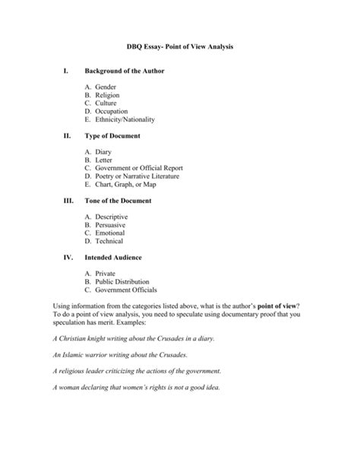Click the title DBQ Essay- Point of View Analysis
pos(180,47)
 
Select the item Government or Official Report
pos(139,167)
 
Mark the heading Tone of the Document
pos(129,201)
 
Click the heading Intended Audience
pos(123,258)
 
